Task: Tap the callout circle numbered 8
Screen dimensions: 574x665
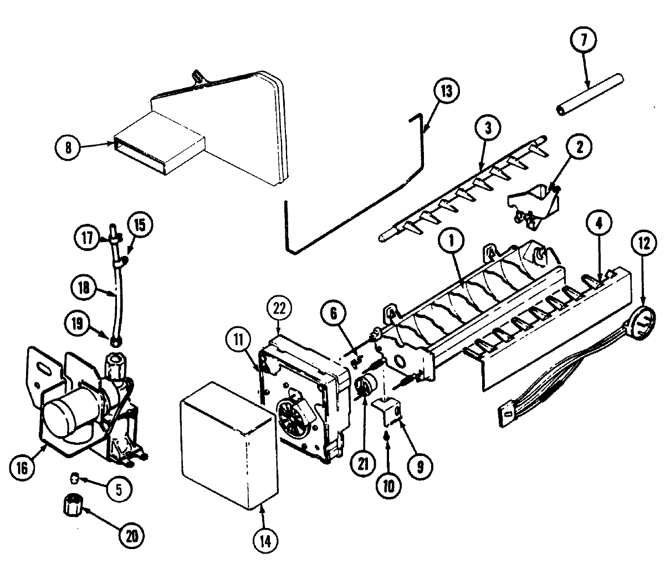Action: pos(68,147)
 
